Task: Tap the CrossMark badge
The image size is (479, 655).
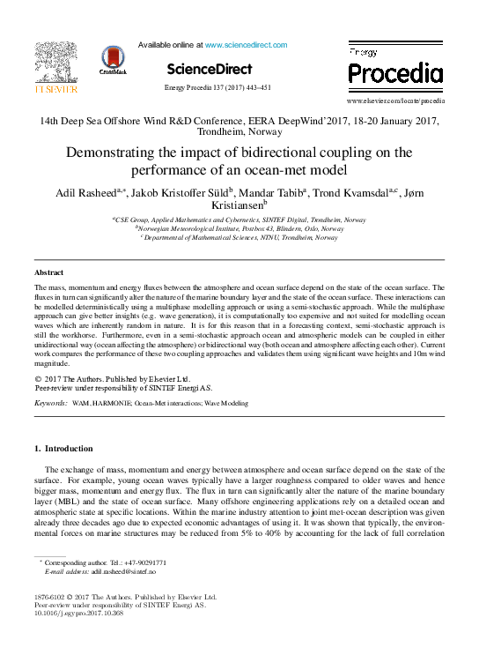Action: (x=113, y=60)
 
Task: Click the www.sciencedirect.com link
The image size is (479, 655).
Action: (x=246, y=44)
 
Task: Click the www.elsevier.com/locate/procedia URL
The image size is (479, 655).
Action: (x=395, y=101)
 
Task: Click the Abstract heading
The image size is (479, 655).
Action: (x=48, y=273)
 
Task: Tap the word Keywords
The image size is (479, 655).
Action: (x=51, y=403)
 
